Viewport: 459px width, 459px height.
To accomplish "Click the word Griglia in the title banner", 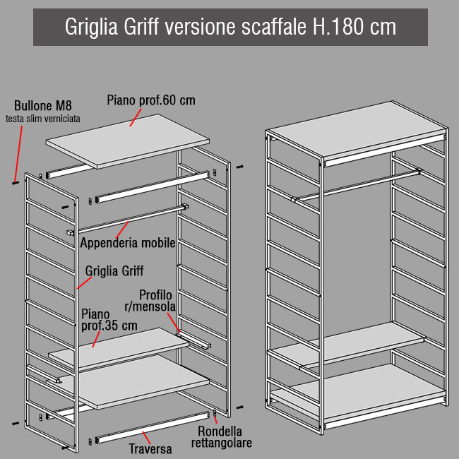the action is tap(91, 28).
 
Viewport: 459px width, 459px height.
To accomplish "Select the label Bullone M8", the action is tap(43, 106).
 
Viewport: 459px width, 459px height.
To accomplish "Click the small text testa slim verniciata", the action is tap(43, 119).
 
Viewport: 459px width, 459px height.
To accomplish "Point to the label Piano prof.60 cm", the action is tap(150, 100).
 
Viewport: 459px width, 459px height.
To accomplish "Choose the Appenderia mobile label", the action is tap(128, 243).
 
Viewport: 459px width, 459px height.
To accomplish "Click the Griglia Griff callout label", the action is tap(114, 271).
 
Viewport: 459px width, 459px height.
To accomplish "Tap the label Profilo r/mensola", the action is tap(150, 301).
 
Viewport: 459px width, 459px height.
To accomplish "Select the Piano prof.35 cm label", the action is tap(109, 320).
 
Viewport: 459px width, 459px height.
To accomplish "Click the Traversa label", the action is tap(150, 448).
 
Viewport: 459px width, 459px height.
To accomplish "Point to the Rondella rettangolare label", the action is tap(222, 436).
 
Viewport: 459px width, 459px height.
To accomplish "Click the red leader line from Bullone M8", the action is tap(18, 154).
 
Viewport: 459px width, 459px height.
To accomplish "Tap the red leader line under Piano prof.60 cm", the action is tap(136, 117).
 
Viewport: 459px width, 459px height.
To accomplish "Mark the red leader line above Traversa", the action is tap(146, 438).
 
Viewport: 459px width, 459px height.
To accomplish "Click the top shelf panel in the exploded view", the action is tap(128, 141).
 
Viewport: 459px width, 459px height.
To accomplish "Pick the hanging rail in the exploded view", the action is tap(128, 220).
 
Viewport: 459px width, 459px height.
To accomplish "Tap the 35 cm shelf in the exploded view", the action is tap(119, 348).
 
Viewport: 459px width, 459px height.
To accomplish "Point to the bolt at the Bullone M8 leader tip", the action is tap(16, 183).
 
